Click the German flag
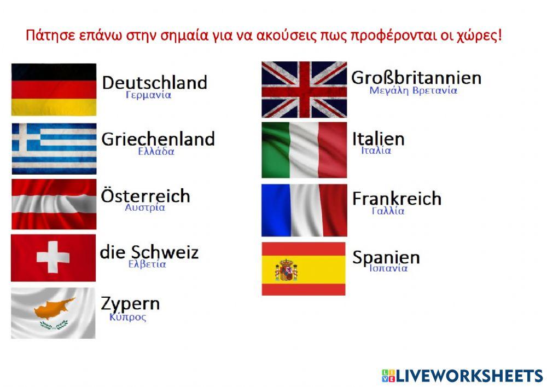(54, 89)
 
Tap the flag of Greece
(54, 149)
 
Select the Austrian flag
(54, 204)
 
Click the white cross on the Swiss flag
(53, 257)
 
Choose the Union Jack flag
(304, 89)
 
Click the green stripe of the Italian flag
(276, 150)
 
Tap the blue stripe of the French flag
(276, 210)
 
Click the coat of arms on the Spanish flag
(286, 270)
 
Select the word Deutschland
(155, 83)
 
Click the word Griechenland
(158, 139)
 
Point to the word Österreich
(146, 195)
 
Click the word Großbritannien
(416, 78)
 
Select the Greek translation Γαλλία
(388, 211)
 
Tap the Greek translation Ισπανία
(388, 268)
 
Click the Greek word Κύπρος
(127, 317)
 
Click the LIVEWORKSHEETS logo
(463, 376)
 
